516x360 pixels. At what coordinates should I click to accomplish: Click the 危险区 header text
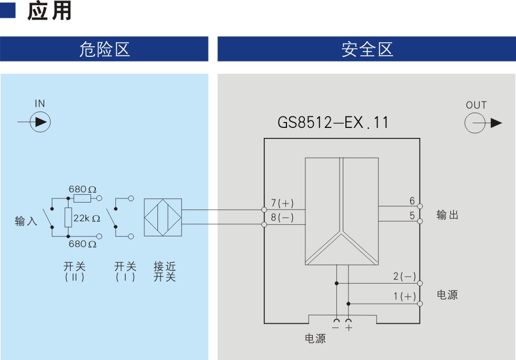(105, 49)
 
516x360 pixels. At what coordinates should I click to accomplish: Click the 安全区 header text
(368, 49)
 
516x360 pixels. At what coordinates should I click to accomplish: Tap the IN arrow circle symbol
(40, 122)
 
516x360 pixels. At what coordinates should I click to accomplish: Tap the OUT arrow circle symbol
(475, 123)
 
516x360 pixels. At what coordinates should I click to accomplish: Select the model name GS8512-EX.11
(333, 123)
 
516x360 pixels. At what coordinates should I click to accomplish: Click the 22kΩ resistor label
(86, 218)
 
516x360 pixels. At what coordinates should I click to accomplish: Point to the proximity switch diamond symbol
(163, 217)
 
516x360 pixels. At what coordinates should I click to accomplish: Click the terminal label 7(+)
(282, 203)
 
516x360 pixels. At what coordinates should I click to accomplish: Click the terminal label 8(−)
(282, 217)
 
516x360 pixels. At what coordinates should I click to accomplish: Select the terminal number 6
(412, 201)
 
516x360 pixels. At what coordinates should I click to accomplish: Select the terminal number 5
(412, 216)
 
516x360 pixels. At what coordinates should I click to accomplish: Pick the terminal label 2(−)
(405, 276)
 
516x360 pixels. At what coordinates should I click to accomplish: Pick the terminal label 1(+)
(405, 296)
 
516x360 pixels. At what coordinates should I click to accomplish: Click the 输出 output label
(447, 215)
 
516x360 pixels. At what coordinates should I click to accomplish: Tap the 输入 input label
(26, 221)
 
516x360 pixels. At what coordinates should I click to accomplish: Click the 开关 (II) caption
(75, 271)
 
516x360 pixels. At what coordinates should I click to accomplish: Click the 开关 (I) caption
(125, 271)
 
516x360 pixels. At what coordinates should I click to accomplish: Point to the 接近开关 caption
(164, 271)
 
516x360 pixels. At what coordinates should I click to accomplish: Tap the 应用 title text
(49, 11)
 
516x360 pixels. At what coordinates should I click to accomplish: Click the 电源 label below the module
(315, 338)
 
